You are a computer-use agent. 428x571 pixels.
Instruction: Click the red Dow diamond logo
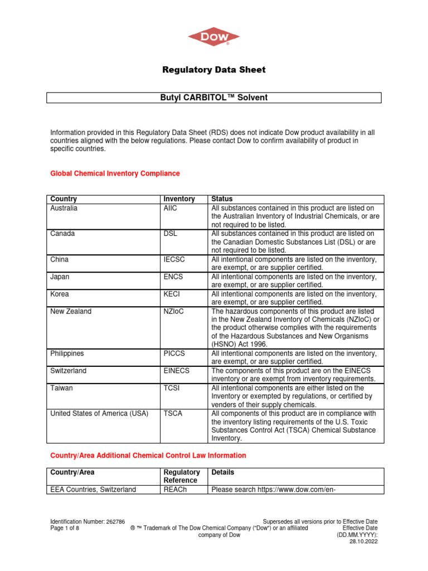point(214,37)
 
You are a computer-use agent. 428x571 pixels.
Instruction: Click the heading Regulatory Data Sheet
point(214,70)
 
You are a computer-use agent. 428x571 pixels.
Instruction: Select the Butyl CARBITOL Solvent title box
point(214,98)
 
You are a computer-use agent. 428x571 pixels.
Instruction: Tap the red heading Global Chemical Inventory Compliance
point(115,173)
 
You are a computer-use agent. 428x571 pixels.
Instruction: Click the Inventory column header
point(179,199)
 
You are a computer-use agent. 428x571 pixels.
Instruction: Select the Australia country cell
point(64,208)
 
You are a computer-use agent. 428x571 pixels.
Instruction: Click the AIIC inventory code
point(171,208)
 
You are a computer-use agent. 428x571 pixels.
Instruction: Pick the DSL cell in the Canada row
point(170,234)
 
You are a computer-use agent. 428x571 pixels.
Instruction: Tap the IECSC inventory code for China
point(173,259)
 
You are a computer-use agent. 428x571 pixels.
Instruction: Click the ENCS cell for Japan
point(172,277)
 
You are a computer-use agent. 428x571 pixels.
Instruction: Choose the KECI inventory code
point(172,294)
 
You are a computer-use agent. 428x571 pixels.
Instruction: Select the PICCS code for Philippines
point(174,354)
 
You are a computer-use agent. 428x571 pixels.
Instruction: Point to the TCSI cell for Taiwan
point(171,388)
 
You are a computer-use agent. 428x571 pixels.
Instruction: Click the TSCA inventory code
point(172,414)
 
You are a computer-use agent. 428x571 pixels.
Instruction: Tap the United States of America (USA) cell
point(99,414)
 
